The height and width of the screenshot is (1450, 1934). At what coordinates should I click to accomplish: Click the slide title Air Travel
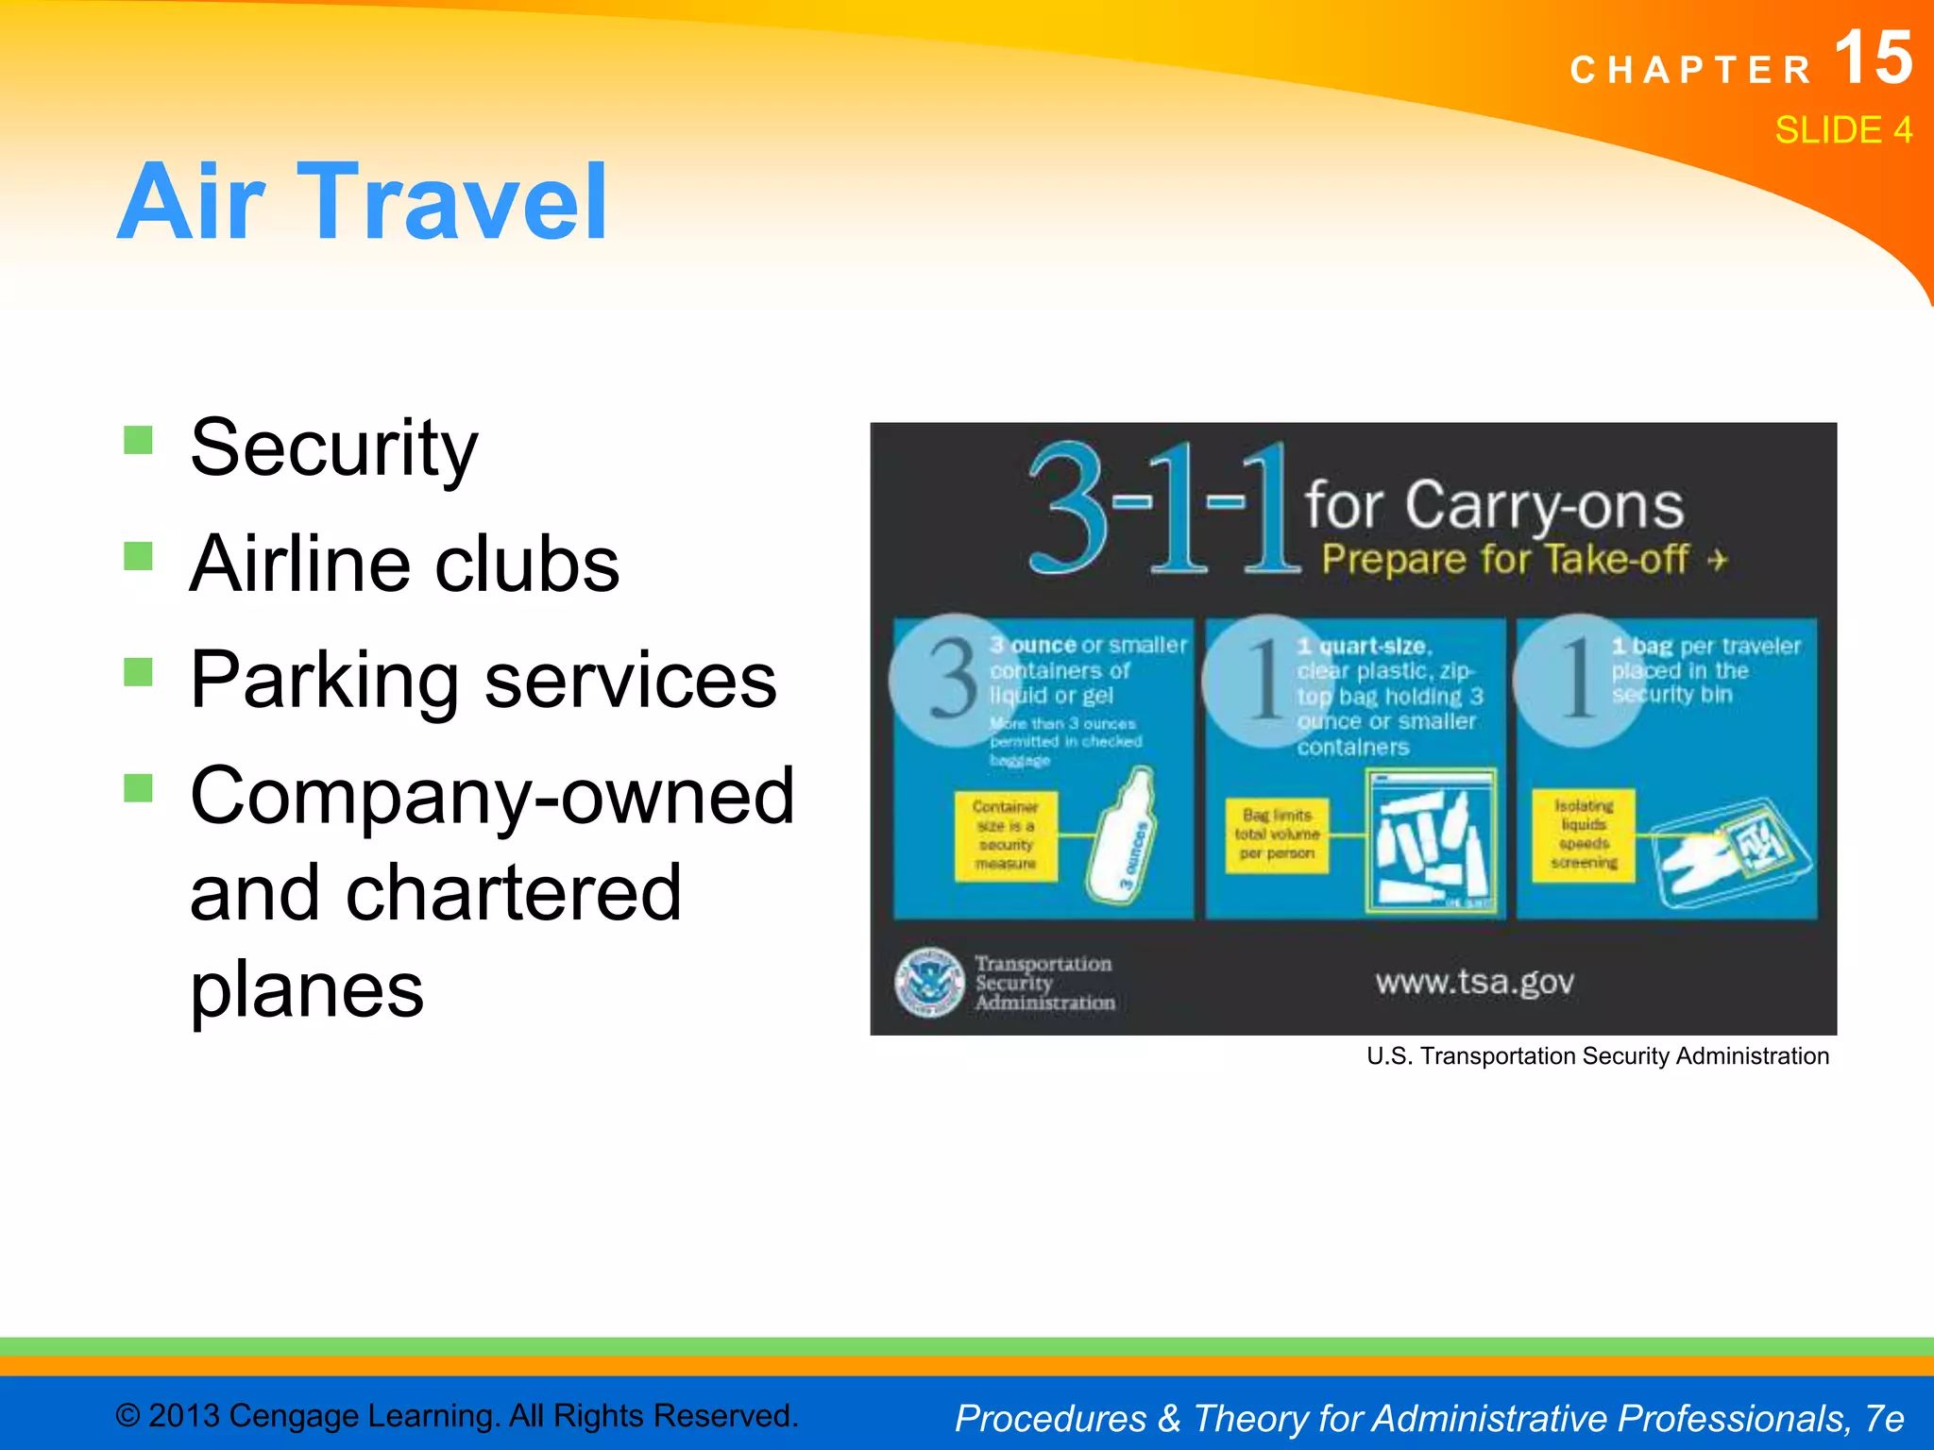[363, 202]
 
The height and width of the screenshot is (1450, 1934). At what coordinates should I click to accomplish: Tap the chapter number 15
[1874, 59]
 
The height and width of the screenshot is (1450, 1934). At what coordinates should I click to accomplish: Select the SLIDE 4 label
[1842, 130]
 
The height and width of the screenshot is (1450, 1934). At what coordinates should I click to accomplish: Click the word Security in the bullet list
[333, 447]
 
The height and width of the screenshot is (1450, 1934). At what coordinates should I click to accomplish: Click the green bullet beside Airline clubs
[139, 556]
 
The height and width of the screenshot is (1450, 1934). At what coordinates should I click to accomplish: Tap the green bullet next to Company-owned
[139, 787]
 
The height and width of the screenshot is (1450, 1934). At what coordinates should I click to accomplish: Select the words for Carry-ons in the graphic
[1494, 505]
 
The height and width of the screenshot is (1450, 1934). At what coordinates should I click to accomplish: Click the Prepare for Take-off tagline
[1522, 560]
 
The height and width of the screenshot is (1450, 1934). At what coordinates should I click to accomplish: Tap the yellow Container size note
[1005, 835]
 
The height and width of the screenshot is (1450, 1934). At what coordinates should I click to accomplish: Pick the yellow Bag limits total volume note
[1277, 835]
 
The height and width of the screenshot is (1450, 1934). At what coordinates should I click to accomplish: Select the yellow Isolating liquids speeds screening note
[1584, 835]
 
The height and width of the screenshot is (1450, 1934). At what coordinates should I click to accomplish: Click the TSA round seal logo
[929, 983]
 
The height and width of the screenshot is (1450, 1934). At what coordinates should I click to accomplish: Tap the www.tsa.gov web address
[1474, 983]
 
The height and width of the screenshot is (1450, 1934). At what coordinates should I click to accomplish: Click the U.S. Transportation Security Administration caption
[1597, 1056]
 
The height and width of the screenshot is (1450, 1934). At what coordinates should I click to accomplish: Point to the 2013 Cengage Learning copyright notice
[456, 1415]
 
